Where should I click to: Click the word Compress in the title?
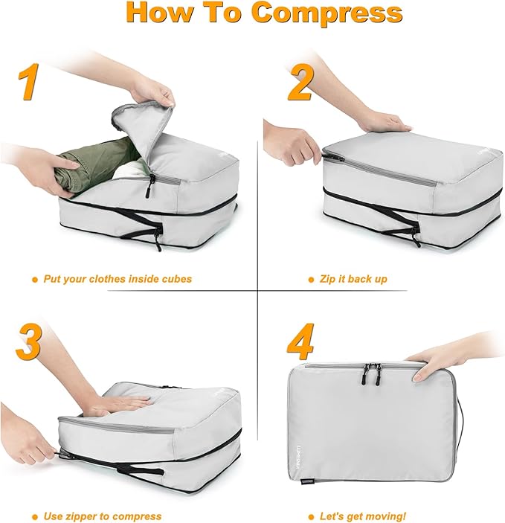coord(327,13)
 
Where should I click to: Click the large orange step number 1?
coord(30,81)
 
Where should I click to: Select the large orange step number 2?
coord(300,82)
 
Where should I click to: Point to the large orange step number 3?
coord(28,341)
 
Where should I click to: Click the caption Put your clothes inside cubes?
coord(117,279)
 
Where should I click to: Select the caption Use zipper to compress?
coord(101,516)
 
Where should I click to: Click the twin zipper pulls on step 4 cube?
coord(373,374)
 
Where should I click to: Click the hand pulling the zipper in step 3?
coord(26,445)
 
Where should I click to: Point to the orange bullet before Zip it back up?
coord(312,280)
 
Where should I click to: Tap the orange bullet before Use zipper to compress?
coord(35,516)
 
